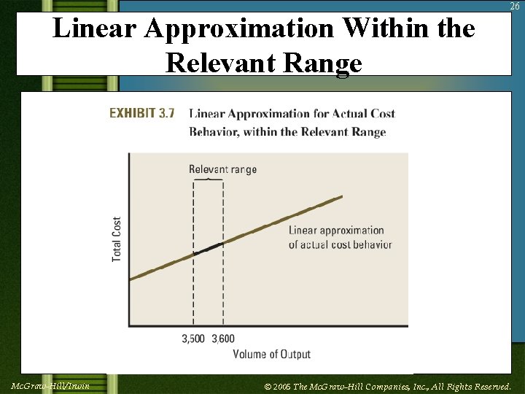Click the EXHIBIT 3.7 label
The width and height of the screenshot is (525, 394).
click(142, 113)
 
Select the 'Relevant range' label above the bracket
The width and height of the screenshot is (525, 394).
click(222, 169)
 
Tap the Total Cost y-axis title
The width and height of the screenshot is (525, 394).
click(117, 239)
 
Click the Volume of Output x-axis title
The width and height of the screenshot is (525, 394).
click(271, 354)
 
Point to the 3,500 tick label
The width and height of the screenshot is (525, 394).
click(193, 339)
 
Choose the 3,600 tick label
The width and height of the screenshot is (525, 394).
click(223, 339)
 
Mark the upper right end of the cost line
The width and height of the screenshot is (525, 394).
click(340, 198)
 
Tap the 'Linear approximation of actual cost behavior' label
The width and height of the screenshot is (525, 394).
click(340, 237)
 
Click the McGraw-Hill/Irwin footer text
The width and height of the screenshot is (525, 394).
click(50, 386)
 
